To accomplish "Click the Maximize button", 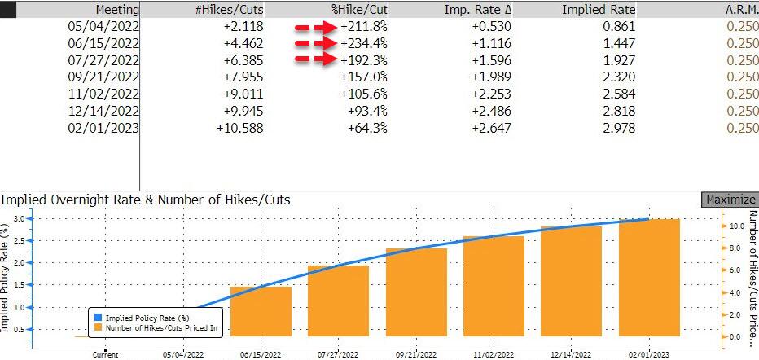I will tap(729, 200).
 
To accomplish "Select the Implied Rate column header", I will tap(598, 10).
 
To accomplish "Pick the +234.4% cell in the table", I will tap(365, 43).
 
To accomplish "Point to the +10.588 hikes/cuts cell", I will tap(241, 128).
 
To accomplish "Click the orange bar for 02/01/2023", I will tap(649, 277).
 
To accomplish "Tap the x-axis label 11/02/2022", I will tap(493, 354).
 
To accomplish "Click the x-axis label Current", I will tap(106, 354).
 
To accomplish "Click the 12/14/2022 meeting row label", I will tap(103, 111).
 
